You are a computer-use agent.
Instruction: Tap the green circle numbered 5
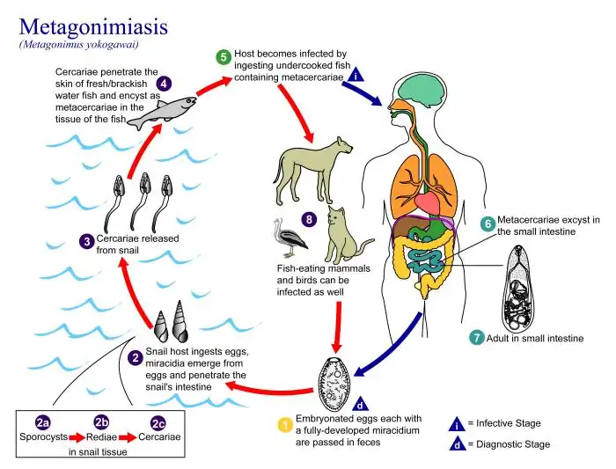pyautogui.click(x=224, y=57)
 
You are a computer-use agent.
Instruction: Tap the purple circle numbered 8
pyautogui.click(x=308, y=218)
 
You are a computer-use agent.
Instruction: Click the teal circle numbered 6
pyautogui.click(x=487, y=224)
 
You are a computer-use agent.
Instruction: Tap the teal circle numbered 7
pyautogui.click(x=476, y=337)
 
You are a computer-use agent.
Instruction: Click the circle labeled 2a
pyautogui.click(x=41, y=421)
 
